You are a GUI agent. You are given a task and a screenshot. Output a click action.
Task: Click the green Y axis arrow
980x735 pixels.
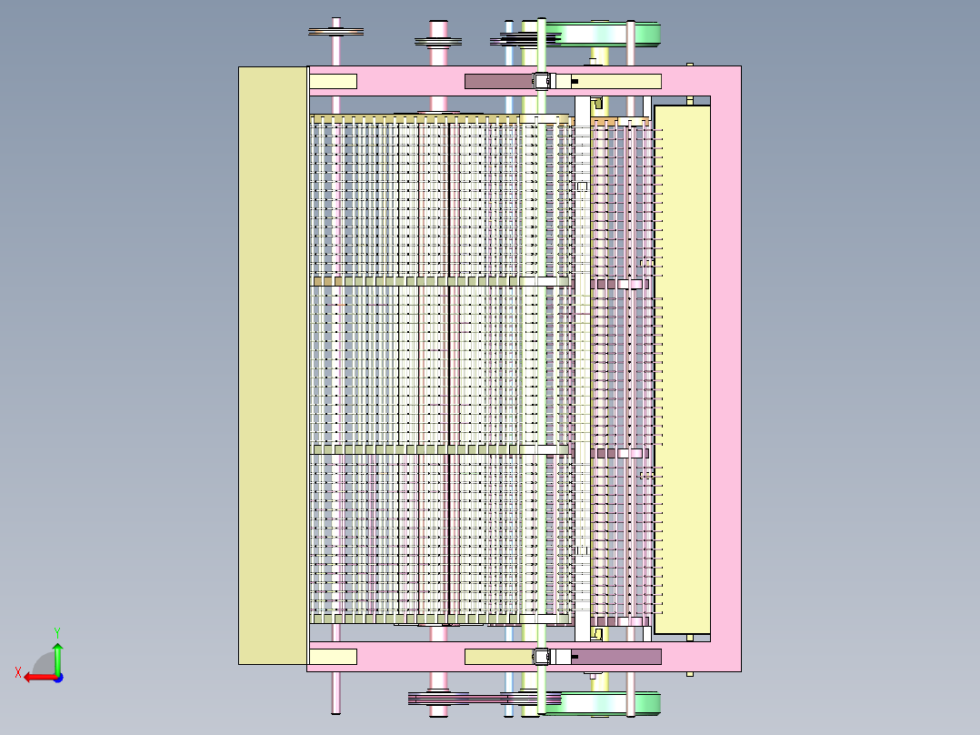click(x=57, y=658)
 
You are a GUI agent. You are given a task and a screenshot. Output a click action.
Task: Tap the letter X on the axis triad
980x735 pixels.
click(x=18, y=672)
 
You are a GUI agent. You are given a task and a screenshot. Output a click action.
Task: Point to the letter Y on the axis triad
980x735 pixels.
click(x=57, y=632)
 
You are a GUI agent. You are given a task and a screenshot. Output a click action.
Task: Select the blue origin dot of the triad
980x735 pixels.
click(x=58, y=678)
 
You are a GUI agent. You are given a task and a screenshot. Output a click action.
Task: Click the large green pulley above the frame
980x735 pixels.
click(x=603, y=34)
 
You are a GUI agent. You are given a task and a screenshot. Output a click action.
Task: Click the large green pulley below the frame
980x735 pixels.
click(x=603, y=703)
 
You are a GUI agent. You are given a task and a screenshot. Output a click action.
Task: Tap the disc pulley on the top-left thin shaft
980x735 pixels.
click(x=335, y=31)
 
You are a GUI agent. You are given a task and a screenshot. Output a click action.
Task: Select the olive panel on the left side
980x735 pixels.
click(x=273, y=366)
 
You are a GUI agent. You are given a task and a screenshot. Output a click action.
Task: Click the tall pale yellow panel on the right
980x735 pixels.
click(x=682, y=369)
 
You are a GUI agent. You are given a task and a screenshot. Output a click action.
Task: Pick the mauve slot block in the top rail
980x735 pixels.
click(x=499, y=81)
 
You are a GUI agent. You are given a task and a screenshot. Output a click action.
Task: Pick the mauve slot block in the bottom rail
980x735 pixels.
click(x=616, y=656)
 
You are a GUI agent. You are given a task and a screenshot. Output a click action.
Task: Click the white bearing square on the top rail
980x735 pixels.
click(x=541, y=81)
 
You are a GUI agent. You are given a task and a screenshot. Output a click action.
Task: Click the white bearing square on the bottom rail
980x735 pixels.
click(x=541, y=656)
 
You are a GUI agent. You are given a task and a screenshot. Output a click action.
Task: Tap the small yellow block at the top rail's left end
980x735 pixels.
click(x=333, y=81)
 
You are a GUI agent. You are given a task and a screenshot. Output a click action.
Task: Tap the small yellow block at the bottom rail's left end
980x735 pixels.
click(x=333, y=656)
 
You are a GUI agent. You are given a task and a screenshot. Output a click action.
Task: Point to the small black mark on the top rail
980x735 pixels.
click(x=575, y=81)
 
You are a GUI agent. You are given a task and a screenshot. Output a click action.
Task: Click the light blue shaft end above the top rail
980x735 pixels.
click(x=509, y=27)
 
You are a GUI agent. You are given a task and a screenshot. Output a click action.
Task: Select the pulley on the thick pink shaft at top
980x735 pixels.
click(x=438, y=42)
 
